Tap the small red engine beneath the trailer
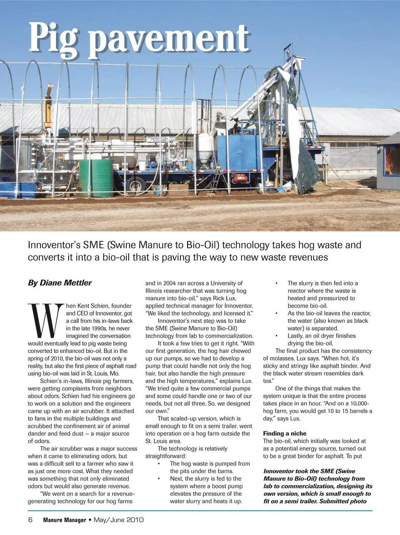pos(240,178)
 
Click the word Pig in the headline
pos(53,39)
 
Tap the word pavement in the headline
pos(171,39)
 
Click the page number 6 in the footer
pos(30,520)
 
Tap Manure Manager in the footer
pos(65,520)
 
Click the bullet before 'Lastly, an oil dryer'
pos(276,336)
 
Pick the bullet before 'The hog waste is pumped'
pos(159,464)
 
